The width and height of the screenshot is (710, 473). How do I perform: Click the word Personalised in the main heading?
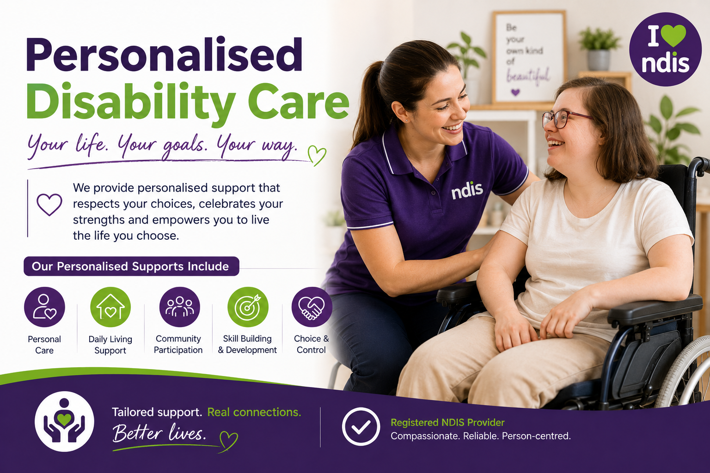click(164, 55)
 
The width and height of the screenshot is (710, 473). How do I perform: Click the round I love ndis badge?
click(665, 49)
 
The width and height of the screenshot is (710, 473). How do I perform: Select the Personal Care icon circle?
click(44, 307)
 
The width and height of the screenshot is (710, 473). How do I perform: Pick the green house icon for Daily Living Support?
click(110, 307)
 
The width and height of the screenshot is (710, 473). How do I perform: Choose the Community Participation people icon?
click(179, 307)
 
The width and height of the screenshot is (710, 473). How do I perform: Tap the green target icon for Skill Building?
click(248, 307)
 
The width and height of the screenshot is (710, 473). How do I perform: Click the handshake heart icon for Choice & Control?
click(312, 307)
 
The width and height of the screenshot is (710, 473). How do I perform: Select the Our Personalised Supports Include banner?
click(131, 267)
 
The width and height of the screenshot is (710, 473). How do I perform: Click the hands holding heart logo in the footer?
click(64, 421)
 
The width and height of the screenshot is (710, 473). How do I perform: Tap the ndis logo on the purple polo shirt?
click(467, 191)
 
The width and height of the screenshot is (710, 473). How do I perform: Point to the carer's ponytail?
click(367, 104)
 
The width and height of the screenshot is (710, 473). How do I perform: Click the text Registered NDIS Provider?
click(447, 423)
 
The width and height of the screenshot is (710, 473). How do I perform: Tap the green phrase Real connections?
click(254, 412)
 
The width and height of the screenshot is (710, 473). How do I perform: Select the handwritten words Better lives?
click(159, 433)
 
